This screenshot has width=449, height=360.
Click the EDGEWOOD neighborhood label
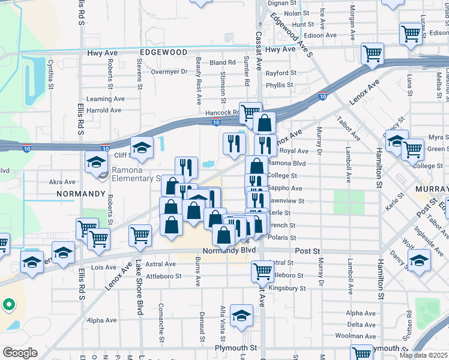(163, 52)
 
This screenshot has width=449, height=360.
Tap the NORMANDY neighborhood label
(80, 194)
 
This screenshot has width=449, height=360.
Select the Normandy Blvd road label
(229, 250)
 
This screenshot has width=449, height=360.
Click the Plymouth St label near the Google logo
(237, 347)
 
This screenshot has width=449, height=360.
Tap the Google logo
(19, 353)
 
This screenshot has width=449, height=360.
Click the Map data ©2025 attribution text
(423, 355)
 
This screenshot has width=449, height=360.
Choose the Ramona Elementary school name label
(130, 178)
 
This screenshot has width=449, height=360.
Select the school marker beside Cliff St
(142, 148)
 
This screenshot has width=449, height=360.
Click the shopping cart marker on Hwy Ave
(372, 53)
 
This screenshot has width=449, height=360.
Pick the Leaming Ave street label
(105, 99)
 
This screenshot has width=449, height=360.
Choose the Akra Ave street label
(62, 181)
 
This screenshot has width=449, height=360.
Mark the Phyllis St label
(279, 85)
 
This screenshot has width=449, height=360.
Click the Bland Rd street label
(223, 62)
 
